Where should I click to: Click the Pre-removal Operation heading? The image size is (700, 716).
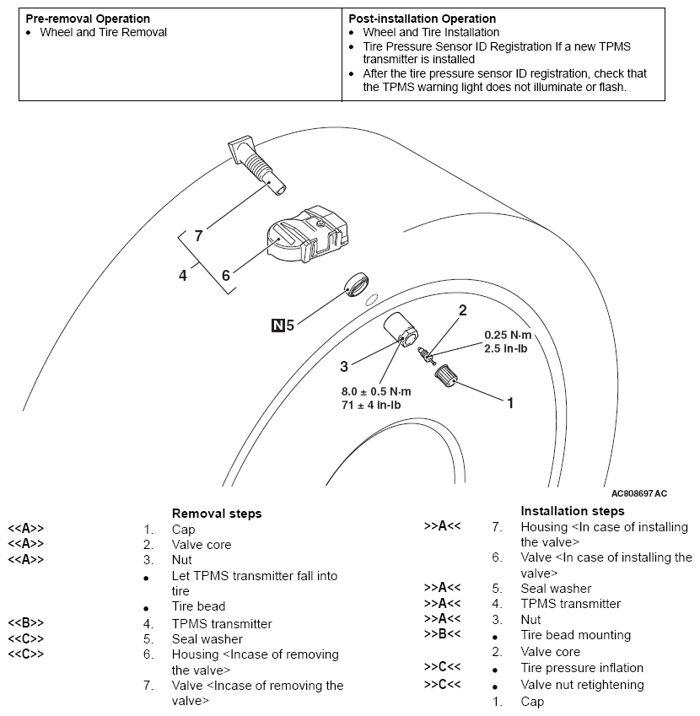pos(88,19)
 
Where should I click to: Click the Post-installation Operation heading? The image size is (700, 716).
pos(422,19)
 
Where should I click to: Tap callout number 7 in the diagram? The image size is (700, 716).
pos(199,236)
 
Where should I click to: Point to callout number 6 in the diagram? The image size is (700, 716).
pos(225,275)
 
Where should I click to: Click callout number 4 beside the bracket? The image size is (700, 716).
pos(183,275)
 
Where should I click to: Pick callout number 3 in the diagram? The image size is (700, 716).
pos(344,366)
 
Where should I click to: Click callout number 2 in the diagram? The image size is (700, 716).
pos(461,310)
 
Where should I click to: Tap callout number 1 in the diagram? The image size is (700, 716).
pos(509,403)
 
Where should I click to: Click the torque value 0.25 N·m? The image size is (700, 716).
pos(508,335)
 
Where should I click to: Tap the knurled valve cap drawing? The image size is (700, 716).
pos(445,374)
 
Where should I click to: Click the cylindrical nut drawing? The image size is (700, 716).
pos(402,331)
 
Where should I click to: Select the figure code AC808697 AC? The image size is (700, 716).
pos(638,493)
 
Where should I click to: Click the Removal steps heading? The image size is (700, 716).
pos(217,513)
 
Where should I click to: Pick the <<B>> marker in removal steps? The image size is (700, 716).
pos(25,624)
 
